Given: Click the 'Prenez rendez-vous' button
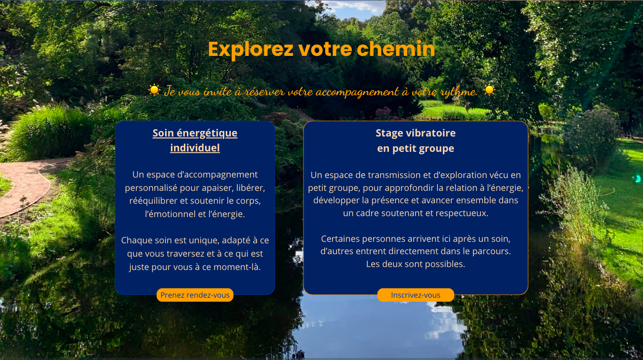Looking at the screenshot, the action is point(195,295).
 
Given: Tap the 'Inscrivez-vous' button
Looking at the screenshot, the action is point(415,295).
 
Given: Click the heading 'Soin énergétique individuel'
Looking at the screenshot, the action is point(195,140).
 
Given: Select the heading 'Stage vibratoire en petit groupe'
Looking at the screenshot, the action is point(416,141).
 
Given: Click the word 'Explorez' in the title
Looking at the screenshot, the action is point(251,49).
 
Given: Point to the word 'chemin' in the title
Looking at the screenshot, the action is point(396,49).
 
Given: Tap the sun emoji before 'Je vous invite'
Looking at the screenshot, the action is point(154,90).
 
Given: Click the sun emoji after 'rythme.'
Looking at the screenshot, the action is point(489,90).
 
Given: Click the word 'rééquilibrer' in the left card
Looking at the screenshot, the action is point(153,201).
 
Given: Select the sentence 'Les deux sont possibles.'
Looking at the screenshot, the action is point(415,264).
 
